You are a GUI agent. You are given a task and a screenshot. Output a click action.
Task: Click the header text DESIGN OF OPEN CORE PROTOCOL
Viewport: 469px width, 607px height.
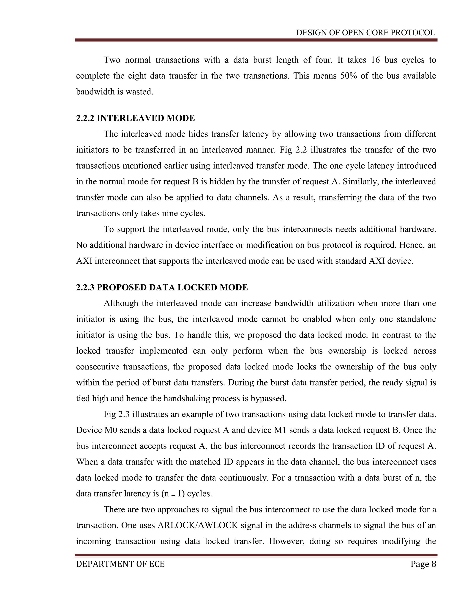pos(365,33)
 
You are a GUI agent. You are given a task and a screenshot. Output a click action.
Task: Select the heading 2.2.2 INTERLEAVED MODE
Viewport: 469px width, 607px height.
pos(135,118)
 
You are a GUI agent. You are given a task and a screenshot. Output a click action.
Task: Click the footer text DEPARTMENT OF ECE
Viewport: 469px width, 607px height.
pos(120,564)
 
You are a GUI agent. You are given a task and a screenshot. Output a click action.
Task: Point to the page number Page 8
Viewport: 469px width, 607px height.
pos(423,564)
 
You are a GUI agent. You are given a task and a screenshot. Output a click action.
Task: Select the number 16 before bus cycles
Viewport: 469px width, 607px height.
pos(375,60)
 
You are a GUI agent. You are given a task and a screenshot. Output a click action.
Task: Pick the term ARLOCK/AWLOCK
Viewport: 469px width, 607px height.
pos(198,525)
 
